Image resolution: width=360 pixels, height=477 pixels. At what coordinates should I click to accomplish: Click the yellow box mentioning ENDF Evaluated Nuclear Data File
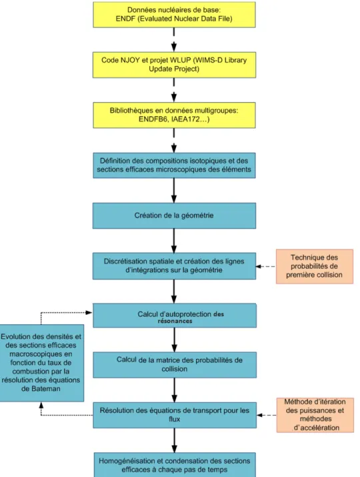pyautogui.click(x=174, y=15)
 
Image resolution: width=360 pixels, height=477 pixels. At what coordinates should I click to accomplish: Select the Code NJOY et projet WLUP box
pyautogui.click(x=174, y=65)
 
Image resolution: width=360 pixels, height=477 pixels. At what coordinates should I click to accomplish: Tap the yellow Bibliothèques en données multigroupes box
pyautogui.click(x=174, y=115)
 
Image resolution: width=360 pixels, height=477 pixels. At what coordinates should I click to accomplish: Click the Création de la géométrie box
pyautogui.click(x=174, y=215)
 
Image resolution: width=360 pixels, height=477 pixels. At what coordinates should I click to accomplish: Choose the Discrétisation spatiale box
pyautogui.click(x=174, y=266)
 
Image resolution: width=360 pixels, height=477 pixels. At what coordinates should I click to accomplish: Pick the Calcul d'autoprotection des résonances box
pyautogui.click(x=175, y=316)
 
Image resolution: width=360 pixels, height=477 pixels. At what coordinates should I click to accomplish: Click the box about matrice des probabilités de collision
pyautogui.click(x=175, y=365)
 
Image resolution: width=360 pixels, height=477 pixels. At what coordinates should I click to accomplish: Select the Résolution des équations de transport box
pyautogui.click(x=175, y=415)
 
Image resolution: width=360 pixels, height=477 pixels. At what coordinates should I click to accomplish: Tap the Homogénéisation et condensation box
pyautogui.click(x=175, y=465)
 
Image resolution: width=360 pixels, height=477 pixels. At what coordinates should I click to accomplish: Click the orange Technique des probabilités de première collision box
pyautogui.click(x=315, y=266)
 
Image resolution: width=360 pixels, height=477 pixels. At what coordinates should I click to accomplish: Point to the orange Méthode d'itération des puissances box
pyautogui.click(x=315, y=415)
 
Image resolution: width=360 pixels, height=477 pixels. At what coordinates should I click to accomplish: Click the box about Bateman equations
pyautogui.click(x=41, y=363)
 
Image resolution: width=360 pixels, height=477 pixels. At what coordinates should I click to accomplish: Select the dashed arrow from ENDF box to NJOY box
pyautogui.click(x=174, y=40)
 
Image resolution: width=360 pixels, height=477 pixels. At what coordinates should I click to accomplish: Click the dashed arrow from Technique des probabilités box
pyautogui.click(x=266, y=266)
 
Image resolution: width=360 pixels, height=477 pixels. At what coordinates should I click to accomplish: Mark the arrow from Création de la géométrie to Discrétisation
pyautogui.click(x=174, y=241)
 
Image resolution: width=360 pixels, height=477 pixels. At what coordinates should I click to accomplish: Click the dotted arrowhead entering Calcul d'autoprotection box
pyautogui.click(x=89, y=312)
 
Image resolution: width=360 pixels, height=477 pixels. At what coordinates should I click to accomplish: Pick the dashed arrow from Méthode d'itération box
pyautogui.click(x=267, y=415)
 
